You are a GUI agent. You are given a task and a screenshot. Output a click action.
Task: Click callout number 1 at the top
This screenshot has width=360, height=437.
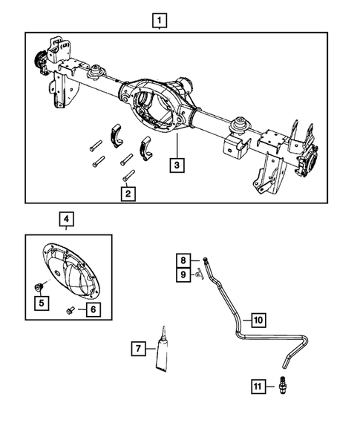[x=160, y=20]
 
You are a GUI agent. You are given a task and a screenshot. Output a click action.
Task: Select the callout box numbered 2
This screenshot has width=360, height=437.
[x=129, y=194]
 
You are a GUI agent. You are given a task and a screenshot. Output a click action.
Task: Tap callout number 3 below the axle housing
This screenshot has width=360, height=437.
[x=177, y=165]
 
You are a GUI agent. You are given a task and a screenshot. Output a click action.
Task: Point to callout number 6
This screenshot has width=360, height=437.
[x=93, y=309]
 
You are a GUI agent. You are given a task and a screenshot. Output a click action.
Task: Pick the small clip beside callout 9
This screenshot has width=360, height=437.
[x=198, y=275]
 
